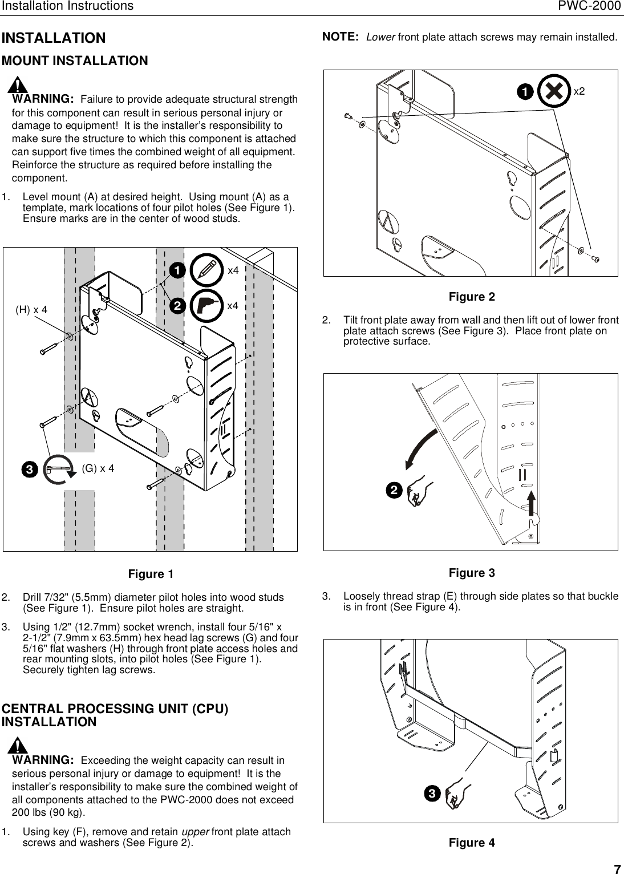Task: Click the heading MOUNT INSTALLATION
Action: pos(75,60)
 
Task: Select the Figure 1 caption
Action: pos(151,573)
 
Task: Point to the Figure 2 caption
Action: pos(472,297)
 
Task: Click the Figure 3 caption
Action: pos(472,572)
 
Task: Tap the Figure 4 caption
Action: pos(472,843)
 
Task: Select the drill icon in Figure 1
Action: pos(206,306)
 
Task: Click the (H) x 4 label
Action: pos(31,310)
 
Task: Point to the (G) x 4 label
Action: pos(98,468)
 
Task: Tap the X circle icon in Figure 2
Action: pos(554,91)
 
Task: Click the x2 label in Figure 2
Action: pos(580,91)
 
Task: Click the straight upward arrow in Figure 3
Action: pos(530,502)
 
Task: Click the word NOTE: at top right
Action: pos(341,37)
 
